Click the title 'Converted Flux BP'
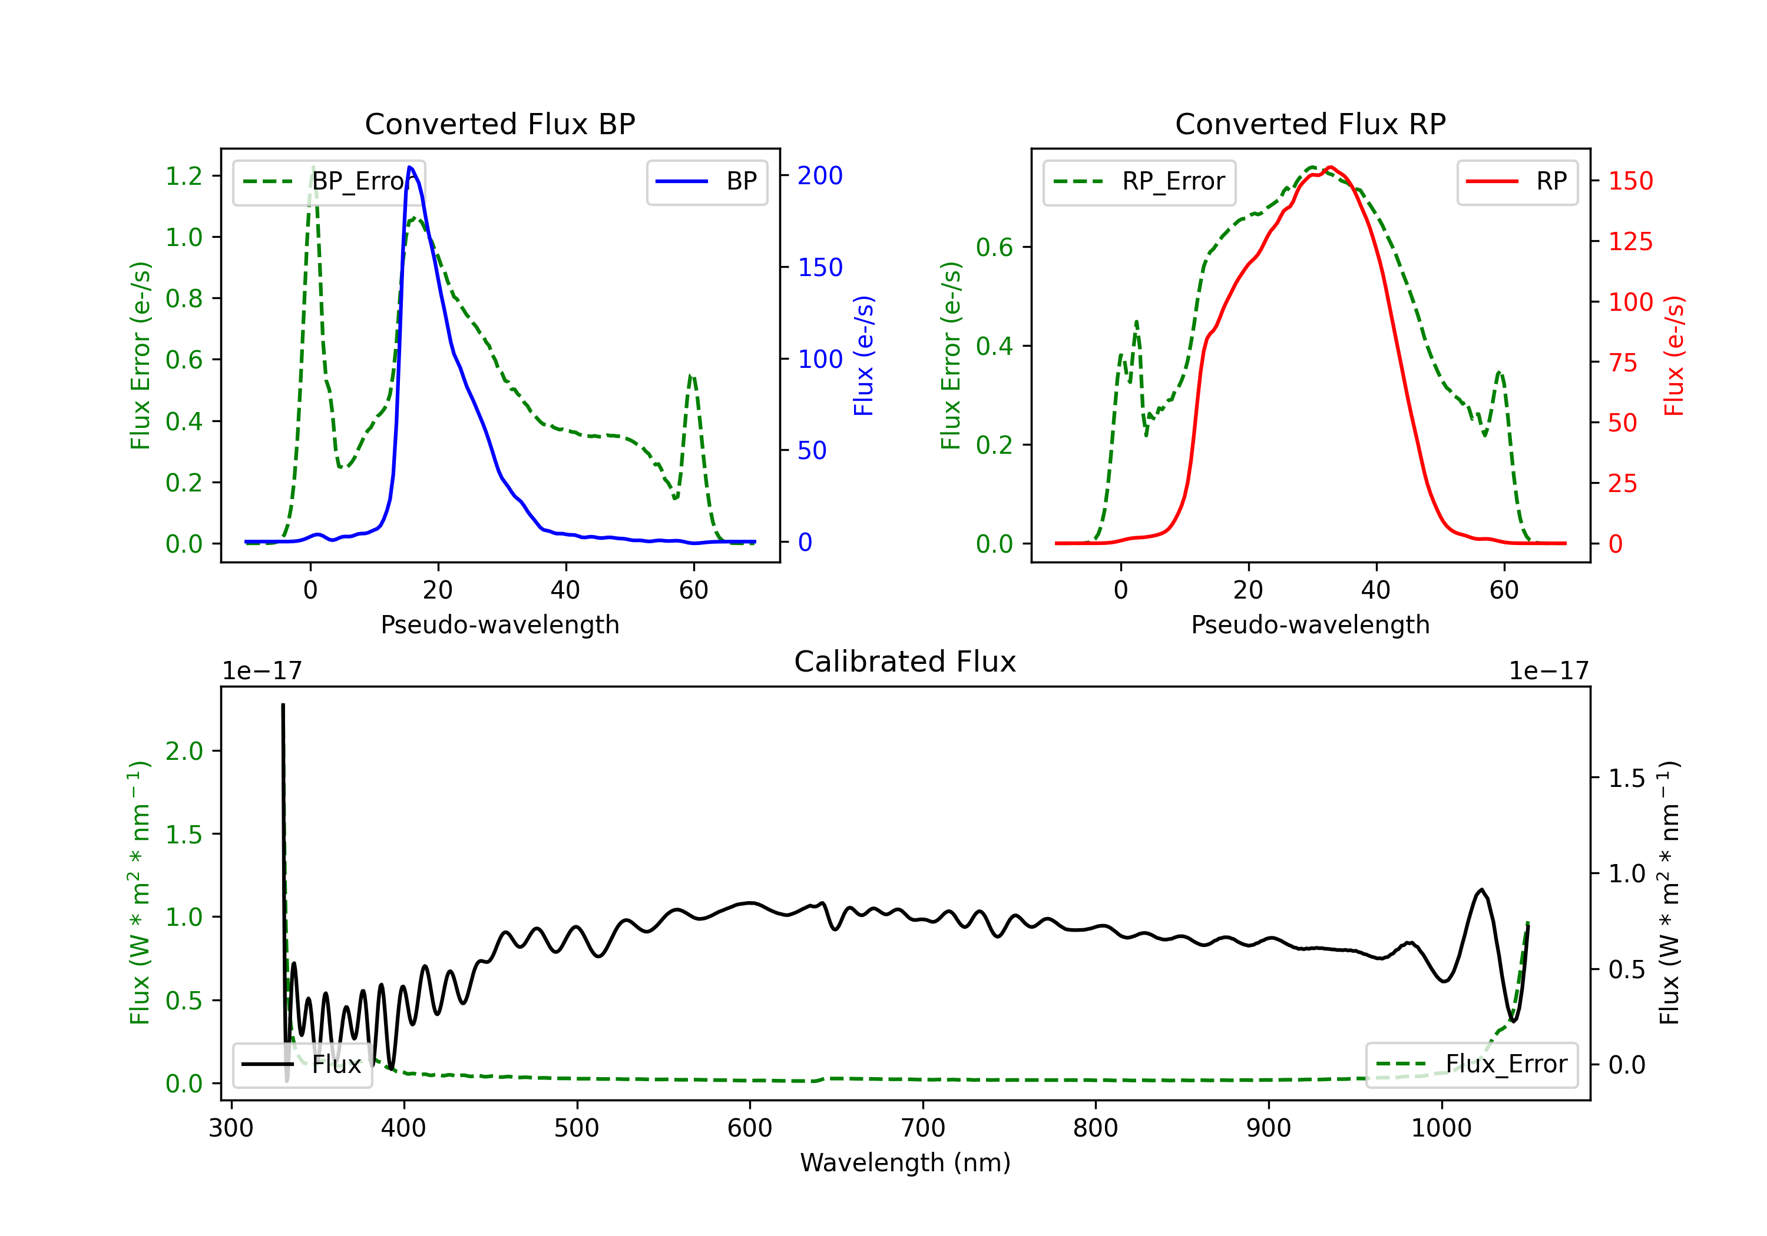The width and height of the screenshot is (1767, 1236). click(x=499, y=124)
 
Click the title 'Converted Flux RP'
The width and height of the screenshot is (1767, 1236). click(x=1310, y=124)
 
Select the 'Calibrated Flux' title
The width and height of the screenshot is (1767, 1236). click(x=905, y=662)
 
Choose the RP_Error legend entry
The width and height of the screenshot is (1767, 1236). click(x=1139, y=181)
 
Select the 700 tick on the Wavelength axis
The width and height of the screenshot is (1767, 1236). click(x=923, y=1128)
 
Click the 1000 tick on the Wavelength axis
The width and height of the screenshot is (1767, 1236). click(x=1441, y=1128)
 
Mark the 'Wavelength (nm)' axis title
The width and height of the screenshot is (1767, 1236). click(x=905, y=1162)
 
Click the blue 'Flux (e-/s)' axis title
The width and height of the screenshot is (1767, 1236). click(x=863, y=355)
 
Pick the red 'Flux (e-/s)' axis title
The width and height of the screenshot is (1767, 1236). click(x=1674, y=355)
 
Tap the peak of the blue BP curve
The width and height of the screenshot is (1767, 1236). click(x=409, y=167)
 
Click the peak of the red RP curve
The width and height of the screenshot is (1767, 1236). click(x=1330, y=167)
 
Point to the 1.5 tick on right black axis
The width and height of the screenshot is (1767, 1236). click(x=1626, y=778)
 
